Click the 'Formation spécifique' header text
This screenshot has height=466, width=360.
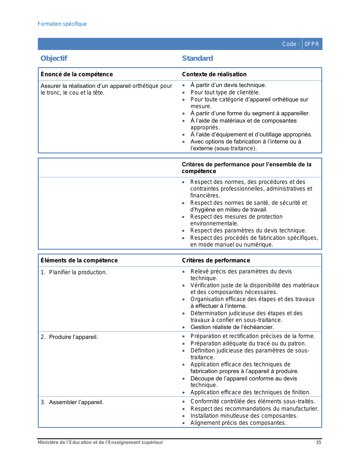tap(62, 24)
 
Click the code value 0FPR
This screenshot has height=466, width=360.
tap(312, 44)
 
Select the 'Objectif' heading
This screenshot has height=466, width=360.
tap(54, 58)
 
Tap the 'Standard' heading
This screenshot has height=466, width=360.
tap(197, 58)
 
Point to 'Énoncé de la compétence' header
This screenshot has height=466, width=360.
tap(77, 74)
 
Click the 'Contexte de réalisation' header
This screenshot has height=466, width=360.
tap(214, 74)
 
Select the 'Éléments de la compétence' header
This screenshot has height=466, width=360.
tap(79, 260)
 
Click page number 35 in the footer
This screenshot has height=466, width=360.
tap(318, 442)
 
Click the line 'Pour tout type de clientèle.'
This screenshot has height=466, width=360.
tap(225, 92)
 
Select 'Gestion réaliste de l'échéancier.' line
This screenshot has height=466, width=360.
tap(232, 327)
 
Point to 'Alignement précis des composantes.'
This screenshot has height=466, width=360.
tap(238, 423)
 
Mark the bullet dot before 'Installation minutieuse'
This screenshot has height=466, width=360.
tap(184, 416)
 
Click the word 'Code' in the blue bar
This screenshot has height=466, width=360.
tap(289, 44)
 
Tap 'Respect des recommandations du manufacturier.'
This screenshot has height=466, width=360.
tap(254, 409)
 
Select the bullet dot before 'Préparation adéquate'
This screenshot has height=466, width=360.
tap(184, 344)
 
